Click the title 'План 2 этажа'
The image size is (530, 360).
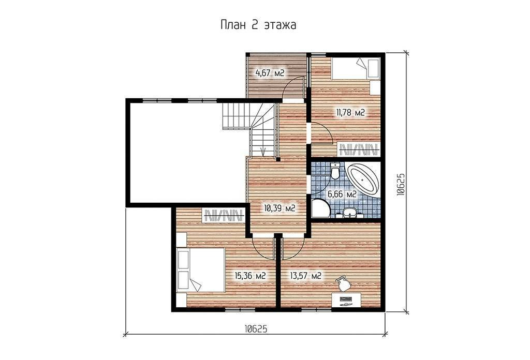(x=258, y=25)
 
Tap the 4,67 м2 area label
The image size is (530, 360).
(x=269, y=72)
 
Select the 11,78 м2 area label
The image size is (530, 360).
(x=350, y=113)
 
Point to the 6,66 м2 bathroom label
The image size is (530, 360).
(x=342, y=194)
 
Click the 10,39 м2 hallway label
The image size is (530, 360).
(x=279, y=208)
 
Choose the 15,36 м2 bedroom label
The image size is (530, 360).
(x=250, y=276)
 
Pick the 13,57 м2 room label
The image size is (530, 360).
(x=305, y=276)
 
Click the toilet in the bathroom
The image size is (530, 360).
(x=335, y=171)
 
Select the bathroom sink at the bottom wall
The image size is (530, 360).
(x=349, y=213)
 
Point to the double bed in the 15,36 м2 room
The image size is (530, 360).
(x=201, y=269)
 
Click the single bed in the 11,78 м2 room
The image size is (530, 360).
(x=355, y=69)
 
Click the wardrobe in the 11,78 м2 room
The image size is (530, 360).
(x=359, y=149)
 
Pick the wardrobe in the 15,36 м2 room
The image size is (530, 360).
(x=224, y=215)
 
